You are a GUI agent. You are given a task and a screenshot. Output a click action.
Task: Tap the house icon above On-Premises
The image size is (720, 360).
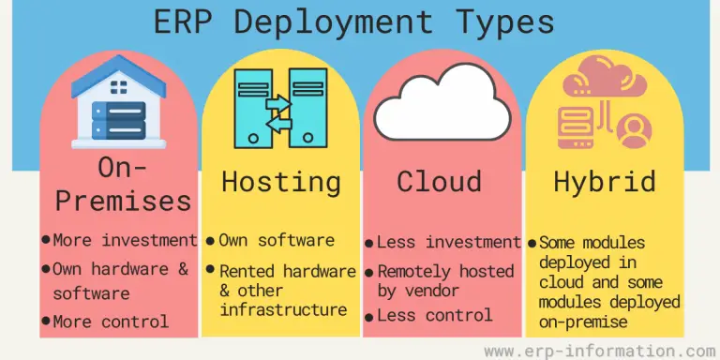118,104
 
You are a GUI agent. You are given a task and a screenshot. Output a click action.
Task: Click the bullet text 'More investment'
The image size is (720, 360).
125,241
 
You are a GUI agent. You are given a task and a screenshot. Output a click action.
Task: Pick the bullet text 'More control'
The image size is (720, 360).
111,322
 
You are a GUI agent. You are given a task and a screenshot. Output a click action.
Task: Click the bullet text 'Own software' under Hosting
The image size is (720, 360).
277,242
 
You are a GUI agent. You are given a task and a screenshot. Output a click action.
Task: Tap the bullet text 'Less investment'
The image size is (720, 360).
448,243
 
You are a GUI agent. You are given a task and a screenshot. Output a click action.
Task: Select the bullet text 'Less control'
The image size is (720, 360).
434,316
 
